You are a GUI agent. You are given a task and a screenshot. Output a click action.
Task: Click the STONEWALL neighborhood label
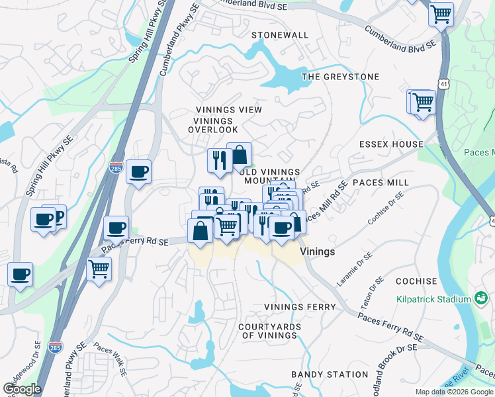280,35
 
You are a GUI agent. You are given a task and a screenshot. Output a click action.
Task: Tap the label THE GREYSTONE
341,77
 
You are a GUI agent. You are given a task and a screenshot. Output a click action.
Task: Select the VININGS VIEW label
229,110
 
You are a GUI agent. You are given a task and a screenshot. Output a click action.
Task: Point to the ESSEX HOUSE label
391,144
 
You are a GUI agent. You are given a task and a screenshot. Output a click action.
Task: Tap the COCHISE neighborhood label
416,281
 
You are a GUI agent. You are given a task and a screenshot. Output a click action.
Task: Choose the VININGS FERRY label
300,307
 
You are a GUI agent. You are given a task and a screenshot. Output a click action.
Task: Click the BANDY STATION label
330,375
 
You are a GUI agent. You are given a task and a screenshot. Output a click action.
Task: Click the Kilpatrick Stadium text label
433,300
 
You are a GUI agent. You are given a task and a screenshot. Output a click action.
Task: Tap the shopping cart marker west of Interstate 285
99,269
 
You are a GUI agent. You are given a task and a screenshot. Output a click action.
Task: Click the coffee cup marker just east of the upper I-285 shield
138,172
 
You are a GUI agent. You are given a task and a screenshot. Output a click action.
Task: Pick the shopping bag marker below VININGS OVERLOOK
240,155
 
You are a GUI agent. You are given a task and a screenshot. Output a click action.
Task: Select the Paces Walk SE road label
110,358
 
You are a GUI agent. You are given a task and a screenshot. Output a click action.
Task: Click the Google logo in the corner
22,388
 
